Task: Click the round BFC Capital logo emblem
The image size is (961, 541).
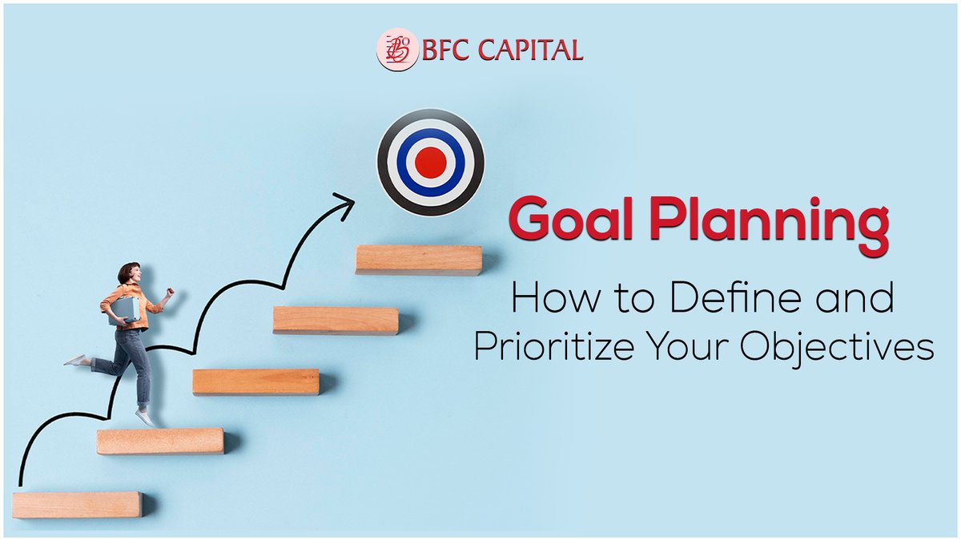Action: pyautogui.click(x=397, y=50)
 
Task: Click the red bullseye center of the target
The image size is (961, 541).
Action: pyautogui.click(x=431, y=162)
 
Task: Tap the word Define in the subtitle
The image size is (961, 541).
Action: pyautogui.click(x=728, y=301)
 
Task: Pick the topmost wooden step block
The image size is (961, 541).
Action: pyautogui.click(x=418, y=260)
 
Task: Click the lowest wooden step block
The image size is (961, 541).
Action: pyautogui.click(x=77, y=504)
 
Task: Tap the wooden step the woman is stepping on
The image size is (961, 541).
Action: pyautogui.click(x=160, y=441)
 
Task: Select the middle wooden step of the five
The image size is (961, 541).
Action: pyautogui.click(x=255, y=382)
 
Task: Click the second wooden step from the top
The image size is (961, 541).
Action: pyautogui.click(x=335, y=320)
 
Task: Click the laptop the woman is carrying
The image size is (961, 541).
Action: pyautogui.click(x=123, y=309)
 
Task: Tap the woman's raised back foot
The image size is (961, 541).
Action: pyautogui.click(x=74, y=361)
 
